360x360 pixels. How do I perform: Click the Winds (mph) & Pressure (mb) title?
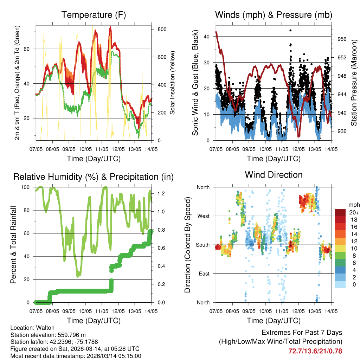(x=274, y=15)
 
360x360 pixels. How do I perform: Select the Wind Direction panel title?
(x=274, y=175)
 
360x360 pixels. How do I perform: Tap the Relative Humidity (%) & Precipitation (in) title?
(x=93, y=177)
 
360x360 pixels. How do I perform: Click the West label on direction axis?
(x=203, y=216)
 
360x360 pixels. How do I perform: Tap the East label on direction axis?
(x=204, y=274)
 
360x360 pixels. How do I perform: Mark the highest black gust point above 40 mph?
(x=290, y=30)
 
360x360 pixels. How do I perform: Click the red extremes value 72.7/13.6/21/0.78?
(x=315, y=351)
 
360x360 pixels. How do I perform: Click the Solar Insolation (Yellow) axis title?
(x=172, y=83)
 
